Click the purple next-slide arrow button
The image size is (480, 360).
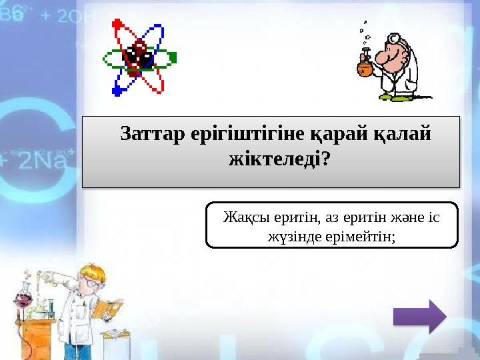point(419,315)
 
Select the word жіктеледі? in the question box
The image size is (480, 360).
point(271,160)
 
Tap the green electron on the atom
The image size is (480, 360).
point(175,57)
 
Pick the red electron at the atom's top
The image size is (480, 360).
point(119,24)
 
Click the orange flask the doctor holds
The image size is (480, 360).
point(364,67)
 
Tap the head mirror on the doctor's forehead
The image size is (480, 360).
point(394,39)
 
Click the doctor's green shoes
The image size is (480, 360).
point(393,97)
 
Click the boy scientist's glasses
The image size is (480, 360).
point(91,283)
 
